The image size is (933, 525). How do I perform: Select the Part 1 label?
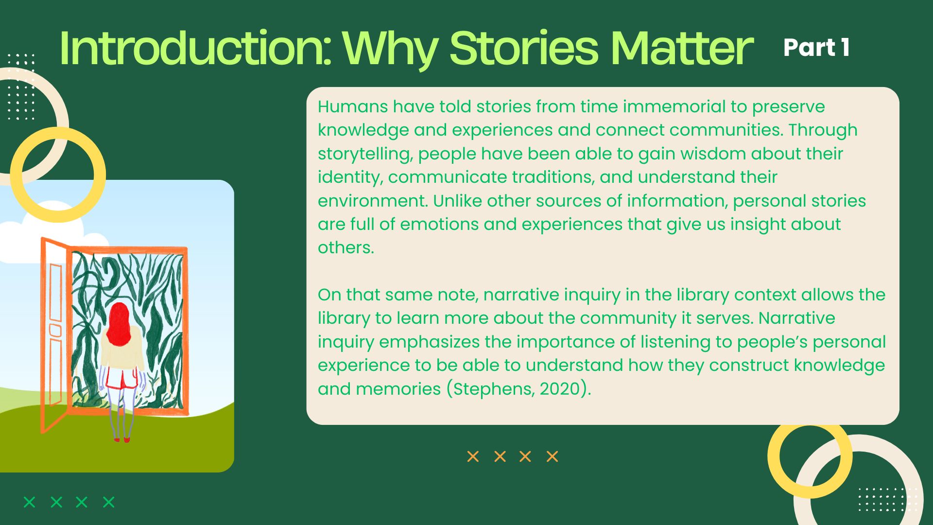point(816,48)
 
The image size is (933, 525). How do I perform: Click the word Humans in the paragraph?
point(353,106)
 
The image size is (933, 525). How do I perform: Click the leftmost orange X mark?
point(473,456)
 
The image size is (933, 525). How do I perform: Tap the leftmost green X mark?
point(30,502)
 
